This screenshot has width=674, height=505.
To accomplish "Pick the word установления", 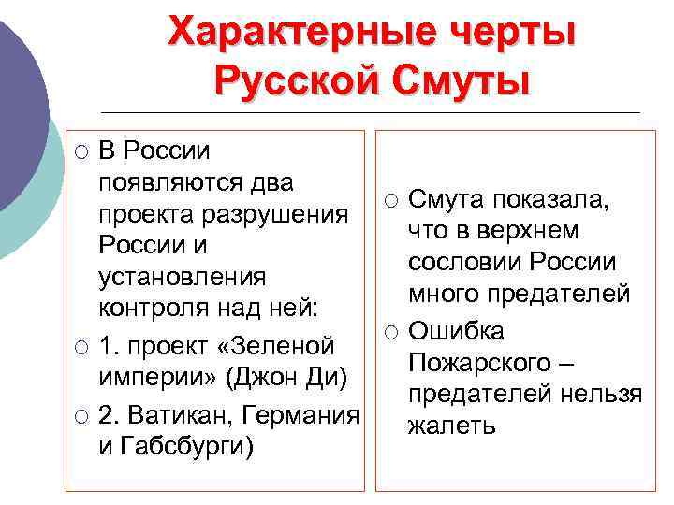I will coord(183,278).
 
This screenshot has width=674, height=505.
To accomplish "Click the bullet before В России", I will coord(82,151).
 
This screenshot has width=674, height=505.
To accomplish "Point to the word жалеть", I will coord(450,426).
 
